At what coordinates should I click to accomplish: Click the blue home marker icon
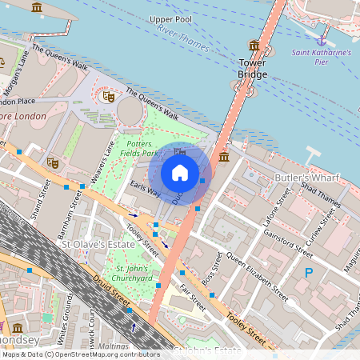click(180, 174)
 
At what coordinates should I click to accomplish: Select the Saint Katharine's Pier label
click(321, 58)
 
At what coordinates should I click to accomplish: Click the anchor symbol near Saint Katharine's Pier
click(322, 39)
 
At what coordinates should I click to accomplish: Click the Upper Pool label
click(171, 18)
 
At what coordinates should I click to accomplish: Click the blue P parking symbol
click(309, 273)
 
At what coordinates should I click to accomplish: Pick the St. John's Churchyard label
click(130, 274)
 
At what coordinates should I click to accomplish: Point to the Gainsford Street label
click(288, 241)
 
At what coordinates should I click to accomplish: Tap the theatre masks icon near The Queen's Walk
click(108, 97)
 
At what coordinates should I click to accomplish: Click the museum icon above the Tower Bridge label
click(254, 46)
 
